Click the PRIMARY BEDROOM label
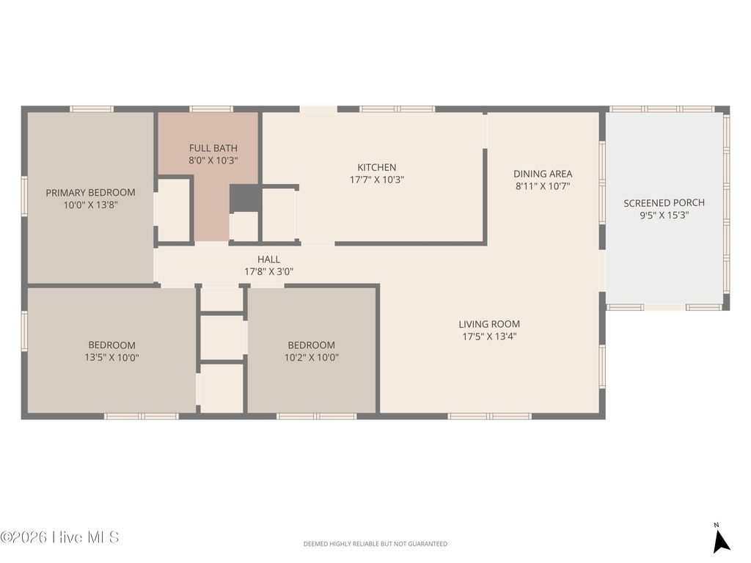coord(91,193)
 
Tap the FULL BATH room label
coord(213,148)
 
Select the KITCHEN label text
coord(377,167)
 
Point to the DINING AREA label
coord(543,174)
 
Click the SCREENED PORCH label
coord(664,203)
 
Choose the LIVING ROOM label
coord(489,324)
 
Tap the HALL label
coord(268,260)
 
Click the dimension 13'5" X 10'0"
coord(111,358)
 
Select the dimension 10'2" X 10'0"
coord(312,358)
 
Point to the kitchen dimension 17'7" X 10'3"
coord(377,180)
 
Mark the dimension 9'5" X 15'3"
coord(664,216)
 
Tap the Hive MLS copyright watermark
coord(59,537)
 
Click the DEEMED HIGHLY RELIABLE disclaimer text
coord(375,544)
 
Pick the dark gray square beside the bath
coord(244,198)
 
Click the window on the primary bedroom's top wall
coord(92,109)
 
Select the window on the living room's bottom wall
coord(489,416)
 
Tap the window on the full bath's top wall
coord(211,109)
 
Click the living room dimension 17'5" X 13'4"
coord(489,336)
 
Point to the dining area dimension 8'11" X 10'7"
coord(543,186)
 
